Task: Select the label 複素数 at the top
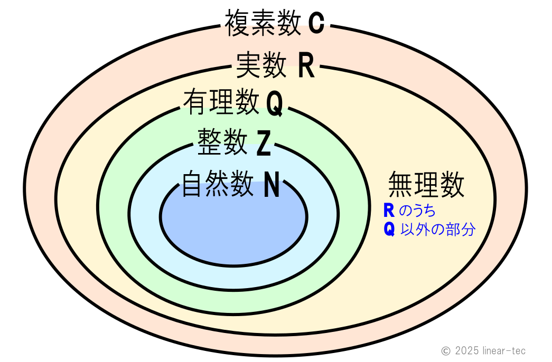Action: (x=263, y=24)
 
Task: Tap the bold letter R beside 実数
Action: (x=306, y=66)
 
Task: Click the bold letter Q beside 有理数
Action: (x=274, y=103)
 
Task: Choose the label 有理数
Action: (x=221, y=102)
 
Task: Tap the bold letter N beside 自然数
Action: (x=272, y=185)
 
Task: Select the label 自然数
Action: (x=217, y=184)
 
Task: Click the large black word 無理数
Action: (x=426, y=185)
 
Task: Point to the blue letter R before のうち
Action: (x=389, y=211)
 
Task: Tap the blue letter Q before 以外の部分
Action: (x=389, y=230)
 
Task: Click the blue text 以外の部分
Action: (x=438, y=230)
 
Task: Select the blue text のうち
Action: (x=417, y=211)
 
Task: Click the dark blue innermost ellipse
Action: (x=233, y=227)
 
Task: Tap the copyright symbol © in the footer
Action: (x=446, y=350)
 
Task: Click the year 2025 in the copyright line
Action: (x=466, y=350)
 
